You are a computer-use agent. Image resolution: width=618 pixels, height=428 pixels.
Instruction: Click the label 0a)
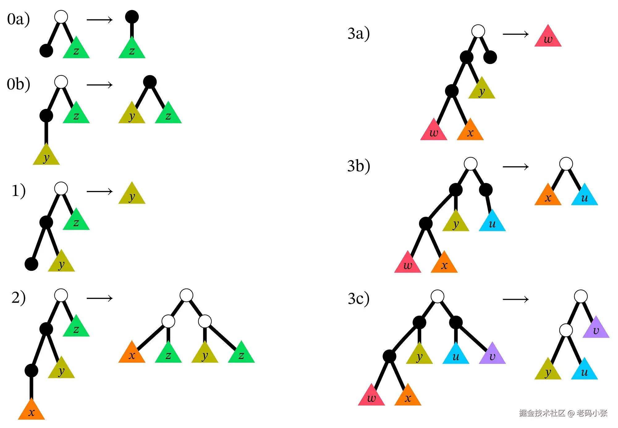click(19, 19)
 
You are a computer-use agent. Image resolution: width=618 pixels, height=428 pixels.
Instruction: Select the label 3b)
click(358, 166)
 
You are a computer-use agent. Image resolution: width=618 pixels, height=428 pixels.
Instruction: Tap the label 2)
click(19, 298)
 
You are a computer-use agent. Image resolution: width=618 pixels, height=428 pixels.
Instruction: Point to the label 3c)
click(358, 299)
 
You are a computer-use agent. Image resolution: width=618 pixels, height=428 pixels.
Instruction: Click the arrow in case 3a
click(515, 34)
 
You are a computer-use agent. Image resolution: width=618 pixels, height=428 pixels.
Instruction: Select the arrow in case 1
click(99, 192)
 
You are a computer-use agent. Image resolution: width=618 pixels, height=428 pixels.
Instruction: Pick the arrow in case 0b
click(99, 85)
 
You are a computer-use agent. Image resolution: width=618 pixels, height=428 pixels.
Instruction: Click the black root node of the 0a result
click(132, 17)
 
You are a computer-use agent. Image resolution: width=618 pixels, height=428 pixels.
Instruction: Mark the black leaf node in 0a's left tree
click(46, 51)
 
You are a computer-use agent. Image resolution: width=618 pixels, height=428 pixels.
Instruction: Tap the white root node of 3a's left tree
click(478, 31)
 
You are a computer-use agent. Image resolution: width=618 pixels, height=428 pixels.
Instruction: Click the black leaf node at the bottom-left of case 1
click(32, 264)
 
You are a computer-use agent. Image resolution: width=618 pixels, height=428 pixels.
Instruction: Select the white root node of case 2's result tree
click(186, 295)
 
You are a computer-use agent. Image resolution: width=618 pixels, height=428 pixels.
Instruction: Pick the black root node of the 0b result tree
click(150, 82)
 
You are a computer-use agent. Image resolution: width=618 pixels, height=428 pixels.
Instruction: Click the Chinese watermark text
click(563, 413)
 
